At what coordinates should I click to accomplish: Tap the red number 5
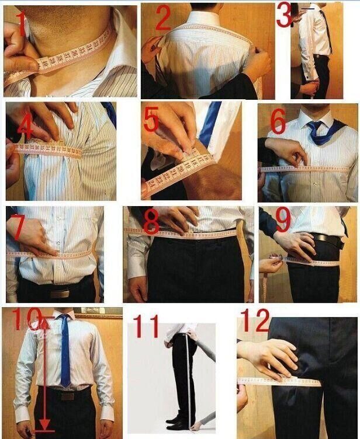(151, 120)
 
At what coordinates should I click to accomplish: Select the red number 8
(151, 222)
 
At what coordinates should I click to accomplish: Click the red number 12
(254, 320)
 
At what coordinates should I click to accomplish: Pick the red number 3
(284, 15)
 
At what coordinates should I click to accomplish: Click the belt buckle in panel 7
(60, 293)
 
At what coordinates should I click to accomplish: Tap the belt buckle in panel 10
(68, 396)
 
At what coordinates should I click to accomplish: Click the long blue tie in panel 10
(65, 356)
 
